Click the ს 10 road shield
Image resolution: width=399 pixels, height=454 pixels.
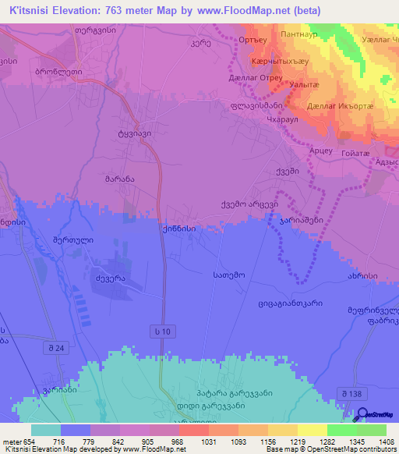click(x=161, y=332)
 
